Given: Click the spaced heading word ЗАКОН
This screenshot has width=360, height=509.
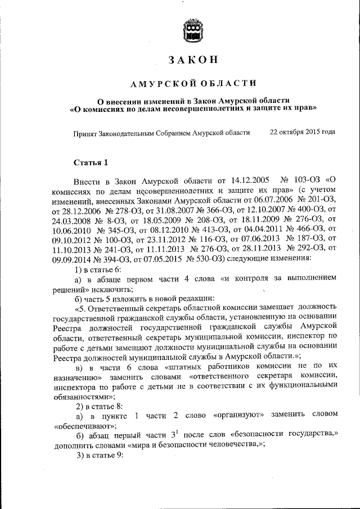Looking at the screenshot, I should (x=193, y=61).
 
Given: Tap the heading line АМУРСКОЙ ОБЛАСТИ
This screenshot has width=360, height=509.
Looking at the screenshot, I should (x=193, y=84).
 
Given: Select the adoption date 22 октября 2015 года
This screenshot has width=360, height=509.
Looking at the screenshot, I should (x=303, y=132).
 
